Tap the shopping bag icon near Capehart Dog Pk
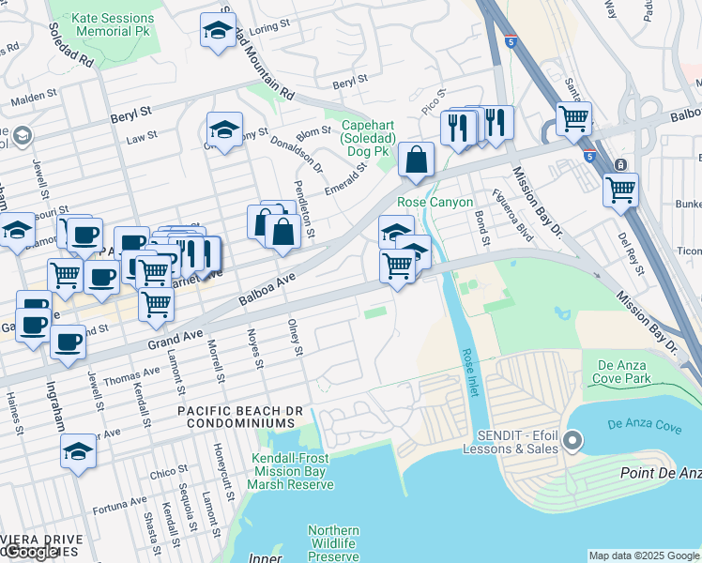pos(416,160)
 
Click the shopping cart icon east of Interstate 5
pos(620,190)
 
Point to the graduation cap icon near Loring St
pos(218,31)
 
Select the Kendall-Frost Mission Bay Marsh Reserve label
pos(291,469)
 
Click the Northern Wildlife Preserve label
pos(333,543)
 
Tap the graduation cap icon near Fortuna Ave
pos(79,451)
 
